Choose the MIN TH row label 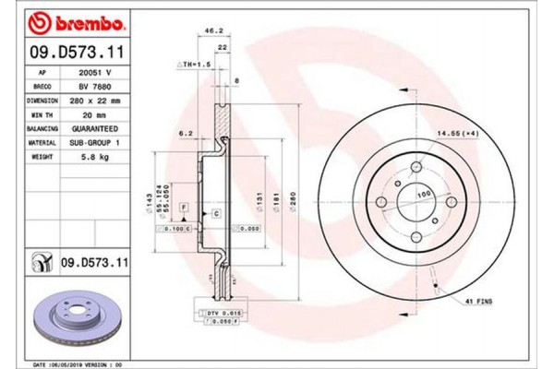[42, 113]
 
